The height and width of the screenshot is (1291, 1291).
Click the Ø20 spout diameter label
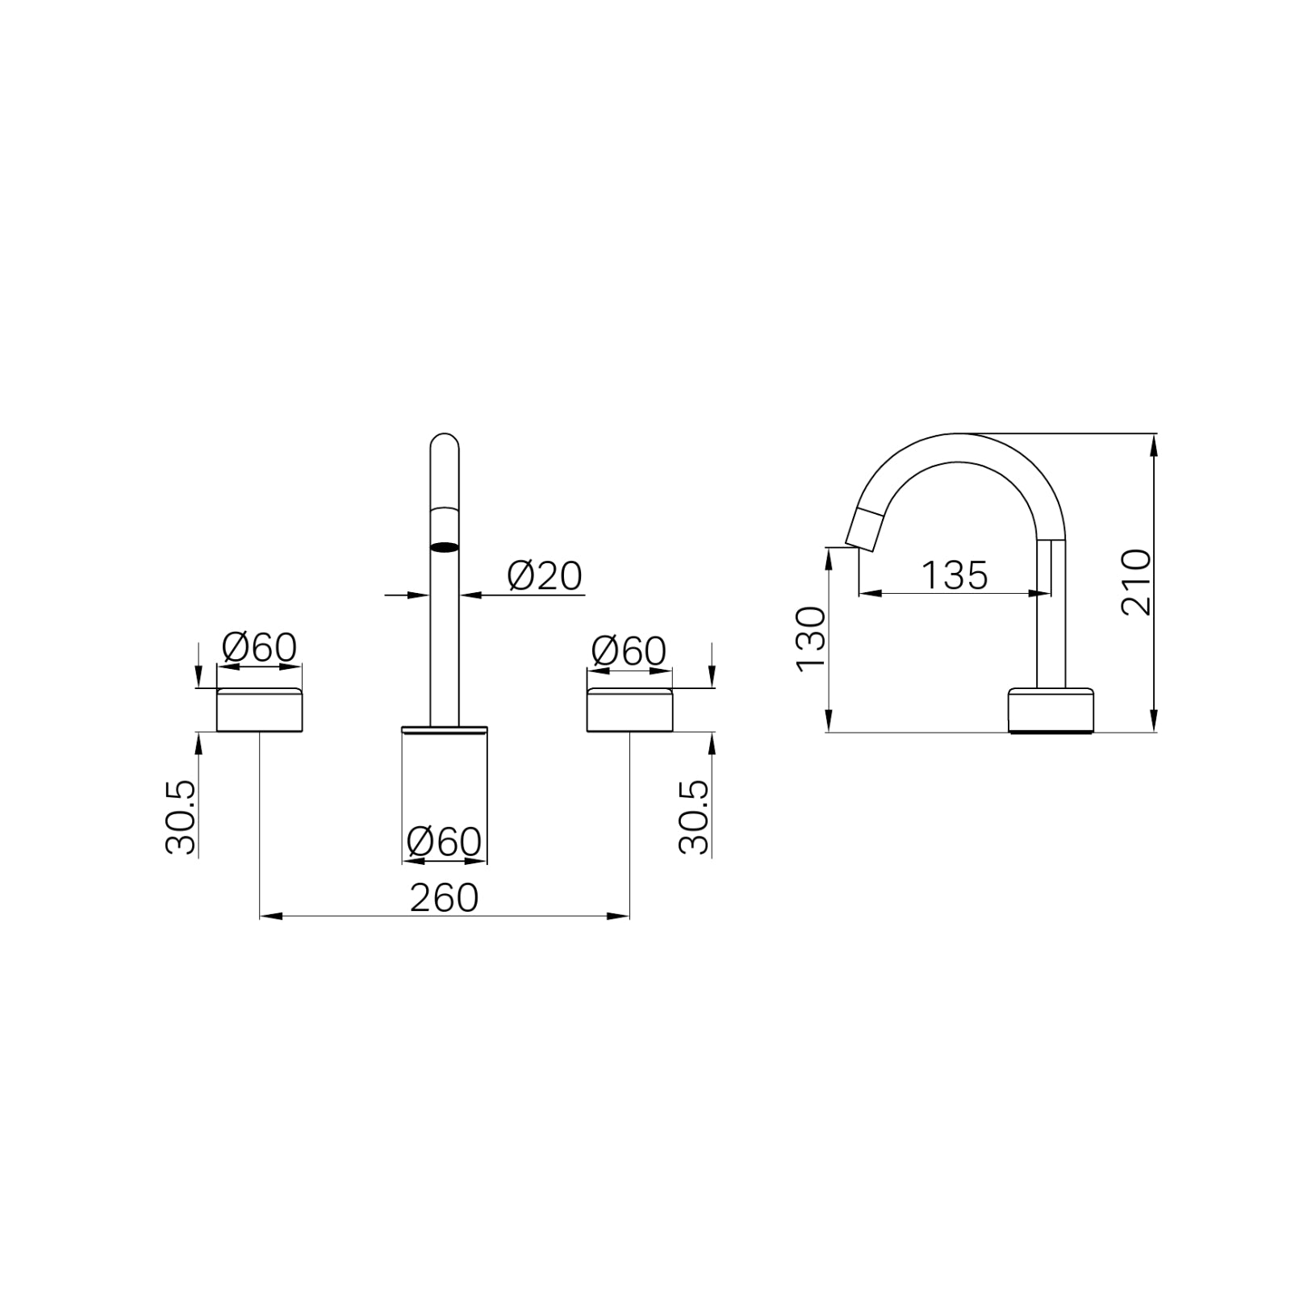(x=545, y=576)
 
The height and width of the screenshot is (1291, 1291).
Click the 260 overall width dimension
(x=444, y=898)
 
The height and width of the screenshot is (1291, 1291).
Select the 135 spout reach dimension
(x=955, y=575)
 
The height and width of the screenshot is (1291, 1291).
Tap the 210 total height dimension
(x=1136, y=582)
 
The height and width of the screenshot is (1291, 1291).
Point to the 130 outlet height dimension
(x=811, y=639)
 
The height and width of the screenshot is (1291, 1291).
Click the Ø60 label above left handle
(x=259, y=647)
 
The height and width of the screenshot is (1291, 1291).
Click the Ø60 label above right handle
(x=629, y=650)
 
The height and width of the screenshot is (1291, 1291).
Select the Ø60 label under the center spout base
(x=444, y=842)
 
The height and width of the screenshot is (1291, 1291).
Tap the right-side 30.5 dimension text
(x=694, y=817)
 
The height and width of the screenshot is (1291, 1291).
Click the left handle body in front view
(x=259, y=711)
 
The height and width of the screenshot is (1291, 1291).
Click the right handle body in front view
(x=629, y=711)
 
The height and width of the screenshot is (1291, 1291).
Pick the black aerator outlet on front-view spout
(x=445, y=547)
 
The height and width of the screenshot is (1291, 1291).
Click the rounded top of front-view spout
(x=445, y=440)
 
